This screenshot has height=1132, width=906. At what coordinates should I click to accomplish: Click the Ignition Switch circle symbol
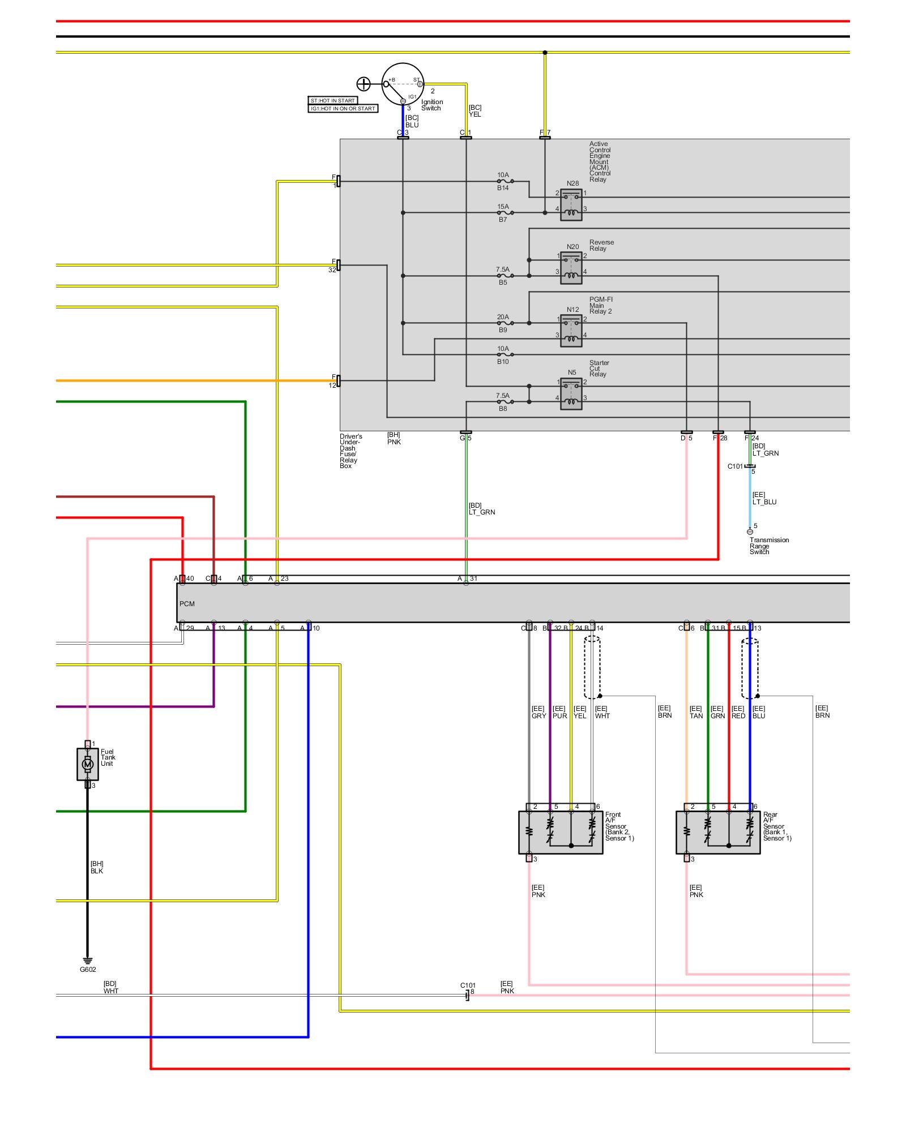click(x=403, y=84)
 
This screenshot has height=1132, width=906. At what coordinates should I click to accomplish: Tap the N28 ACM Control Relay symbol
click(x=571, y=205)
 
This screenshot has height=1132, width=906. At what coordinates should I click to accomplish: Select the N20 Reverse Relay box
click(x=571, y=268)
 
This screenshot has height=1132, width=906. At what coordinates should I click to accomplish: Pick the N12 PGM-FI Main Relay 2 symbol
click(x=571, y=331)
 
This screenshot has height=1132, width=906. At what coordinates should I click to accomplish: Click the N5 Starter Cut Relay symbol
click(x=571, y=394)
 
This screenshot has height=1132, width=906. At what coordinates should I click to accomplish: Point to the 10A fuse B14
click(x=505, y=182)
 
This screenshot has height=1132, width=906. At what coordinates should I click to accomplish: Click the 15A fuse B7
click(x=505, y=213)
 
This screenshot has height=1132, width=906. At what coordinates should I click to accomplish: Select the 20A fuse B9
click(x=505, y=323)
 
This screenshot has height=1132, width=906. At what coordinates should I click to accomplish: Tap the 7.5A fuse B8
click(x=505, y=402)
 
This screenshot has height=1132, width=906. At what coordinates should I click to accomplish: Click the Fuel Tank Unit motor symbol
click(x=87, y=764)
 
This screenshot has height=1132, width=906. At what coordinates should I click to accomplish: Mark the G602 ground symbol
click(x=87, y=960)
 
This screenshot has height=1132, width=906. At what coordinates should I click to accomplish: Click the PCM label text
click(x=187, y=604)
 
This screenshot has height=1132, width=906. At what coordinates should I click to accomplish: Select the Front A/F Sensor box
click(x=560, y=832)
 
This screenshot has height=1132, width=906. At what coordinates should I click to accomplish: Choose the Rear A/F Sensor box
click(x=717, y=832)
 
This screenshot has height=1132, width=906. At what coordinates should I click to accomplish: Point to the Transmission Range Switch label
click(x=768, y=546)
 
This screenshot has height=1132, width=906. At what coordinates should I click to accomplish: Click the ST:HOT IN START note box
click(x=332, y=101)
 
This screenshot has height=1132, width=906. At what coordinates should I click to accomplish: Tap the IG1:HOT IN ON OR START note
click(x=343, y=109)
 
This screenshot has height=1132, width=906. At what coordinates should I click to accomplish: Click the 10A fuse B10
click(x=505, y=355)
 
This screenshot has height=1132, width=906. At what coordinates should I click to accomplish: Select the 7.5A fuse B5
click(x=505, y=276)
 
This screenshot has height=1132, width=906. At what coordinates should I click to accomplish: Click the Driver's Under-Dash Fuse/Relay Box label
click(x=351, y=451)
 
